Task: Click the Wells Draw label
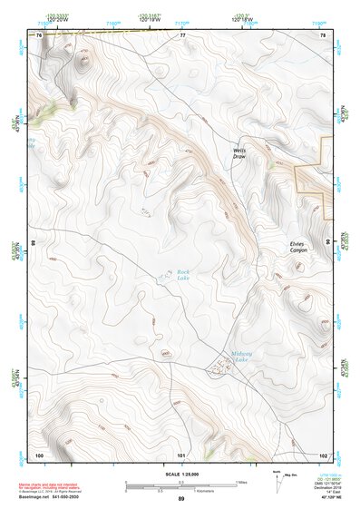[x=239, y=153]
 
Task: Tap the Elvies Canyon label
[x=298, y=245]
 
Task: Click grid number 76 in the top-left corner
[x=39, y=35]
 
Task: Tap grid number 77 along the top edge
[x=181, y=35]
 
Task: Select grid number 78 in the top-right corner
[x=323, y=35]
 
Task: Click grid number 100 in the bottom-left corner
[x=39, y=454]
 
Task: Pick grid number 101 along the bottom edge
[x=181, y=454]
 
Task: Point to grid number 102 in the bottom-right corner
[x=323, y=454]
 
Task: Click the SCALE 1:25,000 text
[x=181, y=475]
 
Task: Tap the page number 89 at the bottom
[x=181, y=499]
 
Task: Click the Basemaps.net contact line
[x=54, y=497]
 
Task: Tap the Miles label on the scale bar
[x=241, y=481]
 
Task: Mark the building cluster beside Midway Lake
[x=218, y=367]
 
